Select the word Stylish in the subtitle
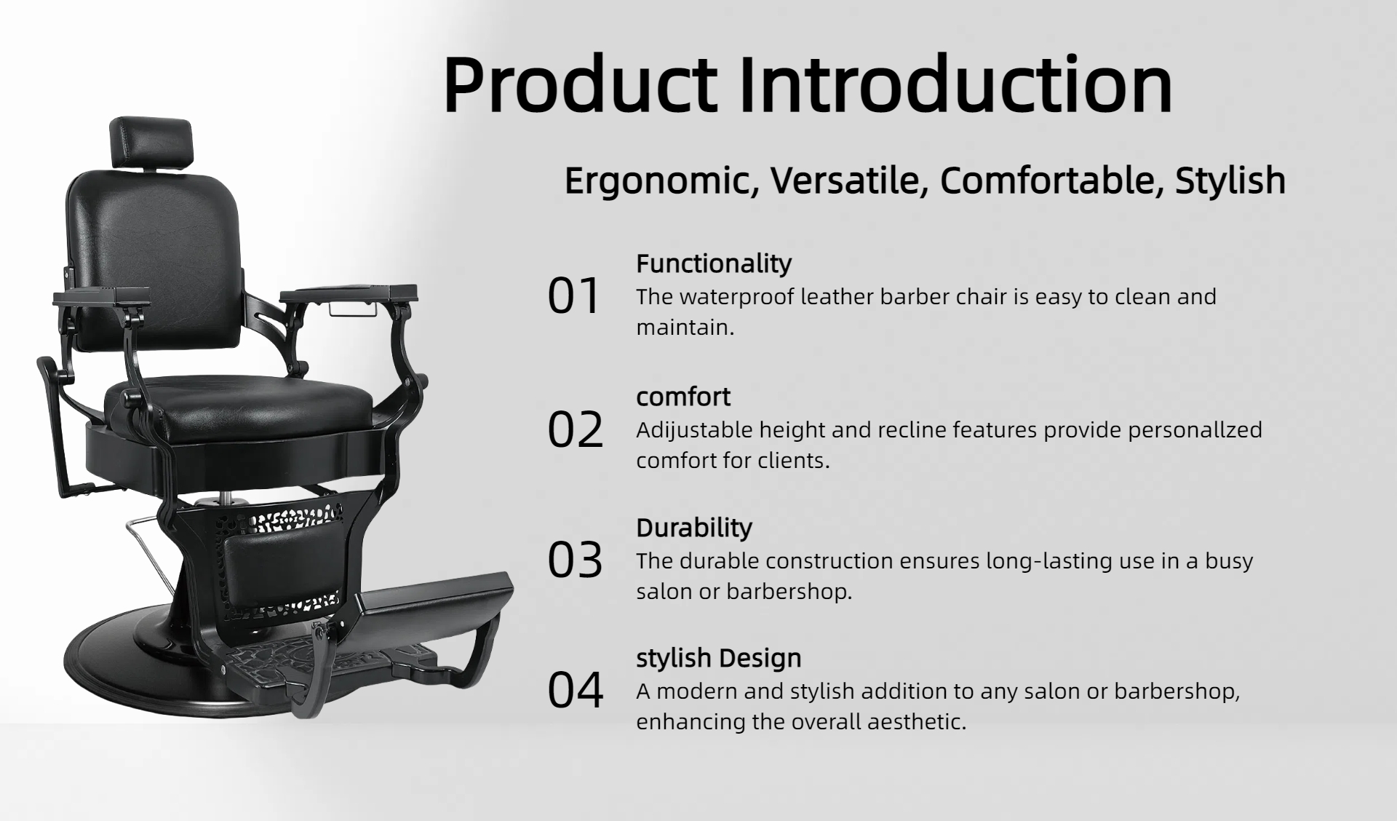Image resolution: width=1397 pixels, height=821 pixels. [x=1230, y=181]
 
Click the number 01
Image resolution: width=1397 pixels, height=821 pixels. [x=574, y=296]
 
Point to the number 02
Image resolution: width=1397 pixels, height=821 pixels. [x=576, y=429]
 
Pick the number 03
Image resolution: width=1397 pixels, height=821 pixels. [x=576, y=560]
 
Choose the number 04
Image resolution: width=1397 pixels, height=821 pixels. [x=576, y=691]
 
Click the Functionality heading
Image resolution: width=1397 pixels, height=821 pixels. [x=714, y=263]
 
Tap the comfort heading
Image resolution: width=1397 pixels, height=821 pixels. [x=683, y=397]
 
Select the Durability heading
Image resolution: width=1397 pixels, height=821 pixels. [x=694, y=528]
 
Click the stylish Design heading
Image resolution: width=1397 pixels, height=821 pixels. [x=719, y=658]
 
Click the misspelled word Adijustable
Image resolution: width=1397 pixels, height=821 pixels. [x=694, y=430]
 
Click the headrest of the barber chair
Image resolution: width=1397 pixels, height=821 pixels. [x=151, y=143]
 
